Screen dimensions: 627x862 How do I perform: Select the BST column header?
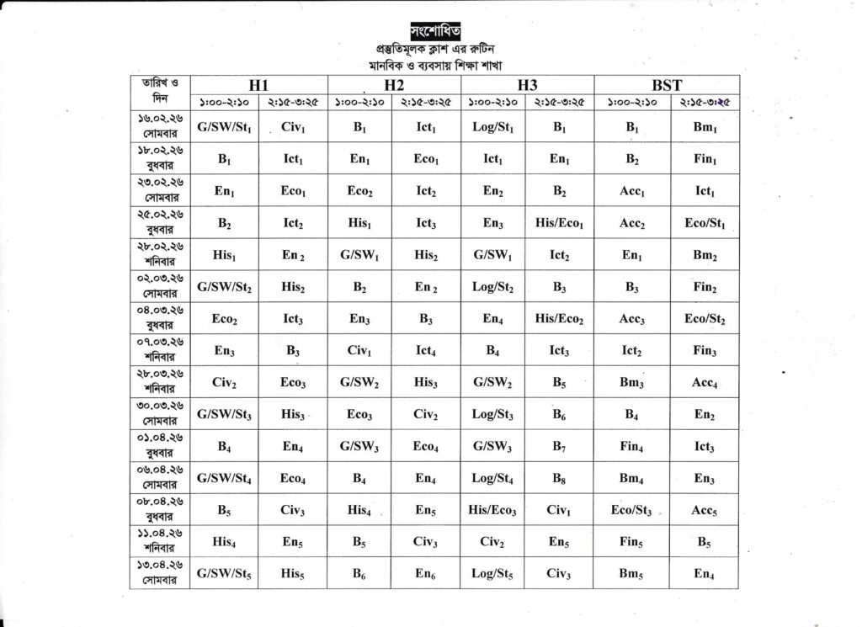(x=666, y=85)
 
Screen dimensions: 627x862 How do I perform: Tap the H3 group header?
(x=527, y=85)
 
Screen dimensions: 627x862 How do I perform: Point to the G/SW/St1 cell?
(x=224, y=127)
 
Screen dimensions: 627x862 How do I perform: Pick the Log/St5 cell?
(x=492, y=574)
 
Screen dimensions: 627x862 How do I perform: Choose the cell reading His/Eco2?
(x=559, y=319)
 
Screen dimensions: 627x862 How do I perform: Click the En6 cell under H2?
(x=425, y=574)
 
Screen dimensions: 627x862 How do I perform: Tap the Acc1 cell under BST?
(x=631, y=191)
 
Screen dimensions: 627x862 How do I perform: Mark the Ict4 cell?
(x=425, y=351)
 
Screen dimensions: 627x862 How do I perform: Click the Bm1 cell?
(x=705, y=127)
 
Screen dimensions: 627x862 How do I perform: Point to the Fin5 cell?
(x=631, y=542)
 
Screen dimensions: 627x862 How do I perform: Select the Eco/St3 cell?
(x=631, y=510)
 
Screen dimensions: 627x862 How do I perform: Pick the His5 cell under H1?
(x=292, y=574)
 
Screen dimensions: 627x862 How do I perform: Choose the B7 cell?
(x=559, y=447)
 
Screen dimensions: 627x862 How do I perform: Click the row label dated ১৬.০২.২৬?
(x=160, y=127)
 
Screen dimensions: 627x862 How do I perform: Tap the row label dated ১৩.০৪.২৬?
(x=160, y=574)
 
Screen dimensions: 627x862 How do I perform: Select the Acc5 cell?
(x=705, y=510)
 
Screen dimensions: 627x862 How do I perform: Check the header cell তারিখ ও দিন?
(x=160, y=91)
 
